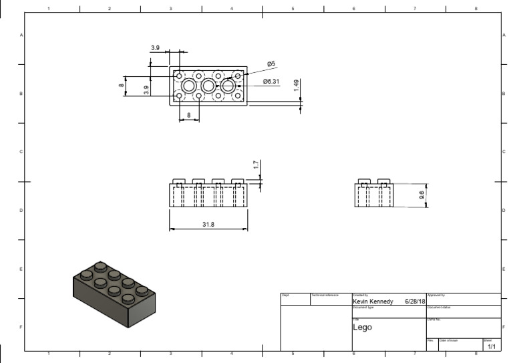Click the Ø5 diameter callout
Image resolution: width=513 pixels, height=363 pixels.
point(271,64)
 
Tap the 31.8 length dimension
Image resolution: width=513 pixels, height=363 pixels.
point(208,225)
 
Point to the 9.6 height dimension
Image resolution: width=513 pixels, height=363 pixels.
point(421,195)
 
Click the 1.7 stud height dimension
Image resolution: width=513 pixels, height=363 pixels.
point(256,165)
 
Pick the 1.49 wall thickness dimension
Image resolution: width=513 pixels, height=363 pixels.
point(296,88)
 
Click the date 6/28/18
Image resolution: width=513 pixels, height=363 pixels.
point(415,301)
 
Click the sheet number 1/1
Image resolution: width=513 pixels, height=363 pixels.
point(491,347)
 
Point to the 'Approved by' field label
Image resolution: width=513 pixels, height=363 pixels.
point(436,295)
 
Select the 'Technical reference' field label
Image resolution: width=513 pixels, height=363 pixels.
point(325,295)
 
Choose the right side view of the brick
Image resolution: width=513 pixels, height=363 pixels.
point(373,195)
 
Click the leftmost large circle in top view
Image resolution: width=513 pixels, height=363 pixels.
point(189,86)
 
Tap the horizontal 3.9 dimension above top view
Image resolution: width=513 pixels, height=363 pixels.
point(155,48)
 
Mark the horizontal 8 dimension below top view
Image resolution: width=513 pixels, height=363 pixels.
point(189,115)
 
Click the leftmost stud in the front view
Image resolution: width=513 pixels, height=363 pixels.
point(179,181)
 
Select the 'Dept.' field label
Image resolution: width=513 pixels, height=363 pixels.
point(285,295)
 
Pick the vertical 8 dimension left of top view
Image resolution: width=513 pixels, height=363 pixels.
point(122,86)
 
